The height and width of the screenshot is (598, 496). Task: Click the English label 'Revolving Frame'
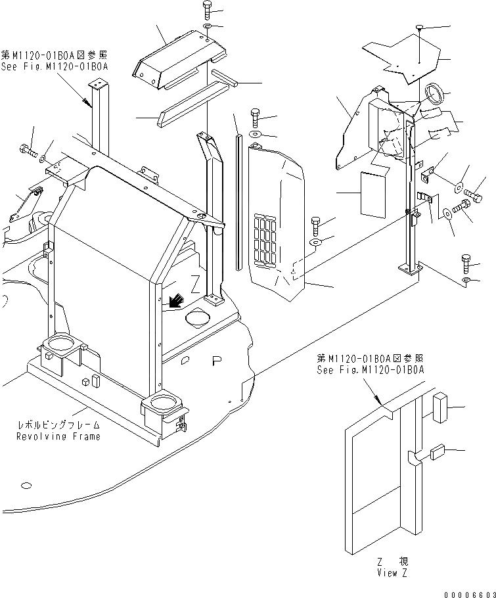pos(59,436)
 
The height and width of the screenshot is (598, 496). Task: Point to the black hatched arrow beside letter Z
pos(175,301)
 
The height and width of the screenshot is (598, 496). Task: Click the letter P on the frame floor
pos(217,360)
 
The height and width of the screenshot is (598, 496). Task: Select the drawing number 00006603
pos(469,592)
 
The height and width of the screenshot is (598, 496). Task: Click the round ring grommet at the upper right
pos(434,93)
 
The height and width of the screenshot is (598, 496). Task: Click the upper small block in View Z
pos(439,407)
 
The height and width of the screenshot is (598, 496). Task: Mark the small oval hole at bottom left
pos(26,486)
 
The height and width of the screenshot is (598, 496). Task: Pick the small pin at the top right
pos(418,28)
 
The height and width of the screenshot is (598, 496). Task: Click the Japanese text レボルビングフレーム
pos(59,426)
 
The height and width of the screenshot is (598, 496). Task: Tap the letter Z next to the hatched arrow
pos(194,285)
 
